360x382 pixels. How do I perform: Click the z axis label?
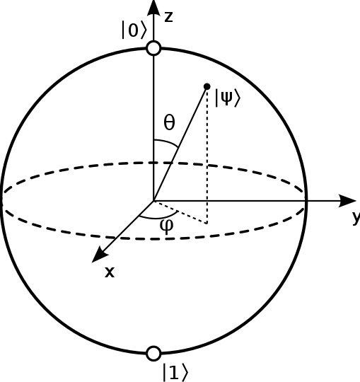tap(168, 17)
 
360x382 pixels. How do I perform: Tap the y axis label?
tap(356, 218)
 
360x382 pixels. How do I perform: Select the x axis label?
tap(110, 272)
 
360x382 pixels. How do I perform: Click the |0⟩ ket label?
tap(134, 30)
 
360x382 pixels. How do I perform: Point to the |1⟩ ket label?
tap(175, 372)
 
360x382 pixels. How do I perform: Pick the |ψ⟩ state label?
tap(227, 98)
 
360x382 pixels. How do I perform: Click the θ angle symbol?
tap(169, 123)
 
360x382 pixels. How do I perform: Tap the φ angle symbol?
tap(167, 225)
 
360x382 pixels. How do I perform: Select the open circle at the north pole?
tap(153, 48)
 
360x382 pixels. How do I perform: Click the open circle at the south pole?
tap(153, 353)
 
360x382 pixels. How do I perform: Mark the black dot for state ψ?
tap(207, 86)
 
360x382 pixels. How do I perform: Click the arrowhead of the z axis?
tap(153, 7)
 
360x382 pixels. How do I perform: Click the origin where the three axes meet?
tap(153, 201)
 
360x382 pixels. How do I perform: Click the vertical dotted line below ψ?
tap(207, 156)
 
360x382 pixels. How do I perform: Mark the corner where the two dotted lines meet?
tap(207, 224)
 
